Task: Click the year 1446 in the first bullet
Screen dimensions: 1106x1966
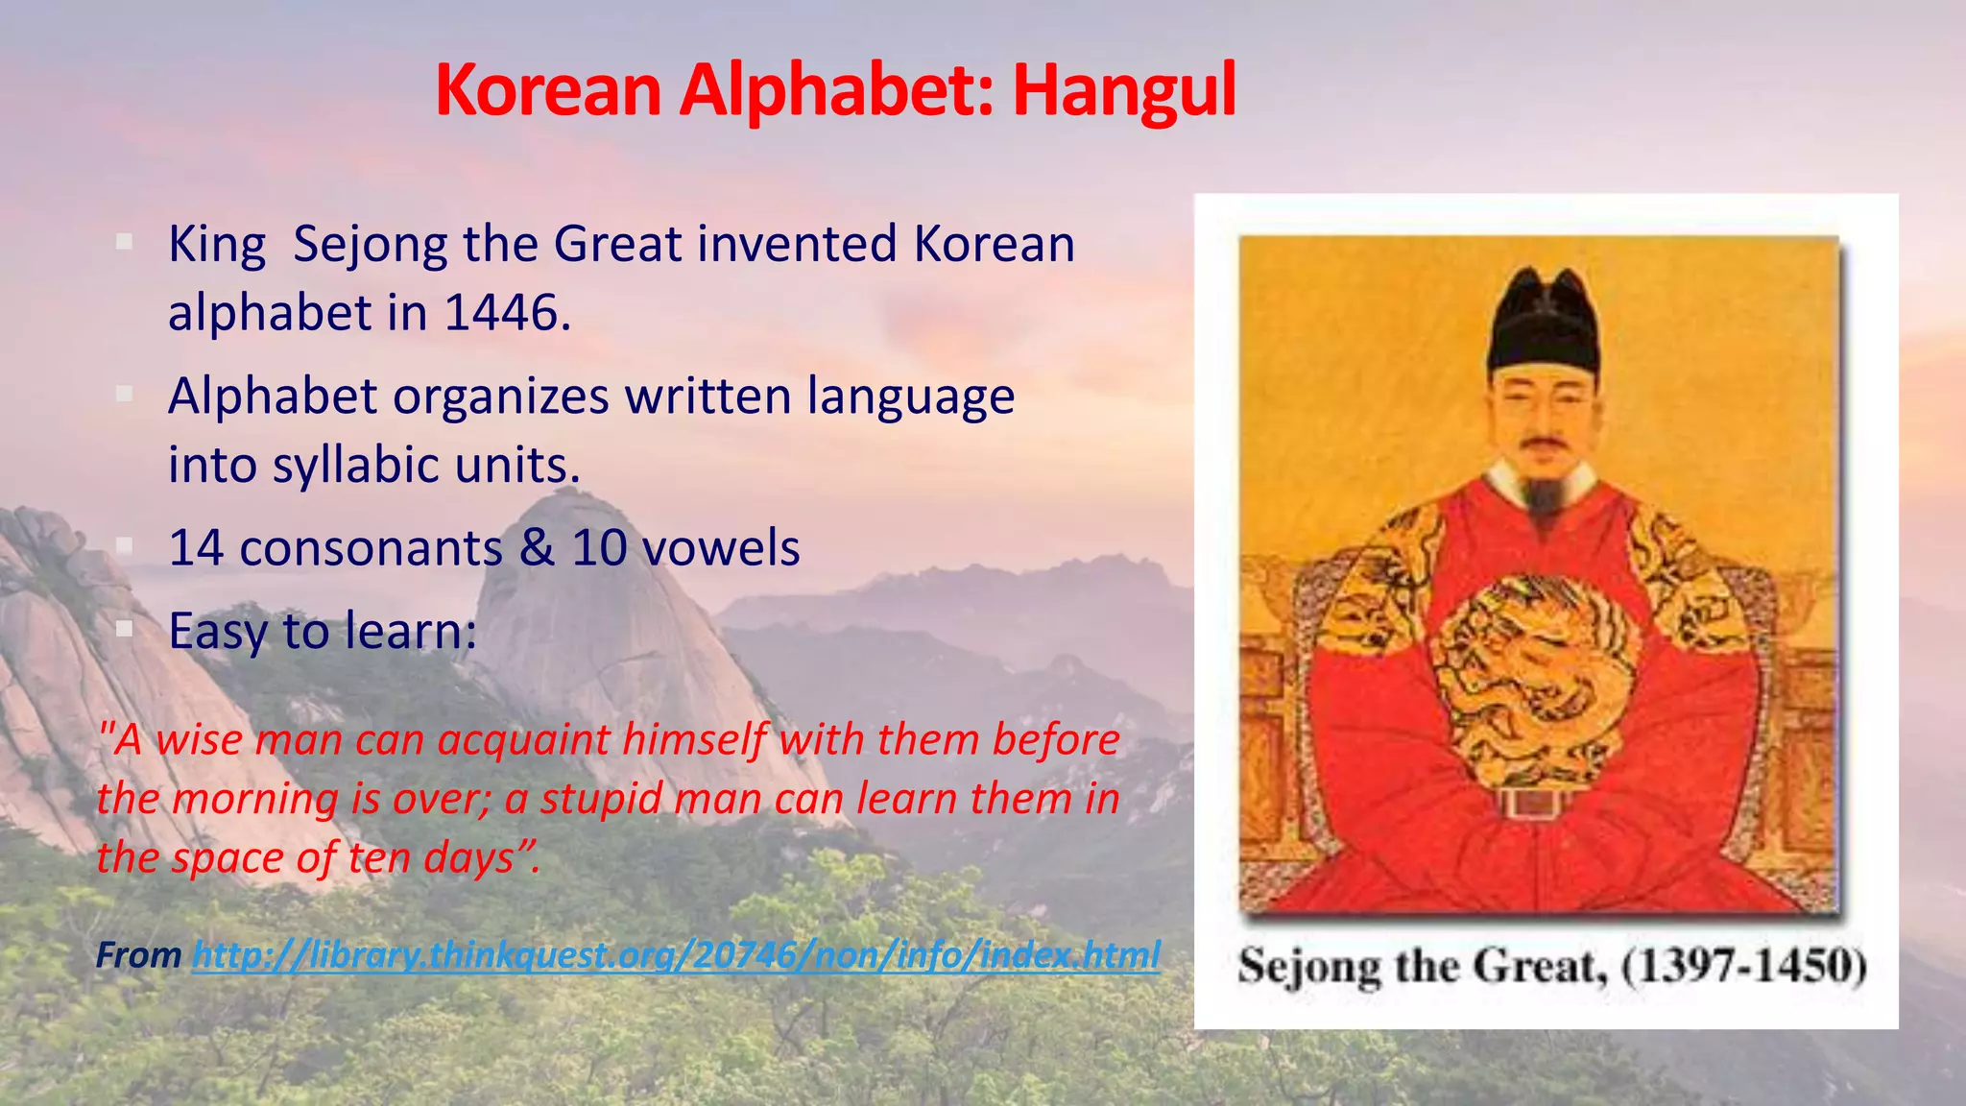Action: pos(501,313)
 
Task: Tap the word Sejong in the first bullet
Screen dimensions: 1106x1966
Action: pos(370,244)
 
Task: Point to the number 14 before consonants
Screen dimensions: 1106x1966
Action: pos(197,548)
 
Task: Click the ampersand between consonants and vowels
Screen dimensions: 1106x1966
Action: pos(537,548)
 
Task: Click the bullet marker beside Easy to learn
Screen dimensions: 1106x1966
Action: pos(124,630)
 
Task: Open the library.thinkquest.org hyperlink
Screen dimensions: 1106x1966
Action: pos(676,955)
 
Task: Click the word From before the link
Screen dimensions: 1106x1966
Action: pos(138,955)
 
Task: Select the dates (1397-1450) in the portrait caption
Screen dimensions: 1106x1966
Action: pos(1743,966)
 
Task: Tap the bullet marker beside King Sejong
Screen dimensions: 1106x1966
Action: pos(124,243)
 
